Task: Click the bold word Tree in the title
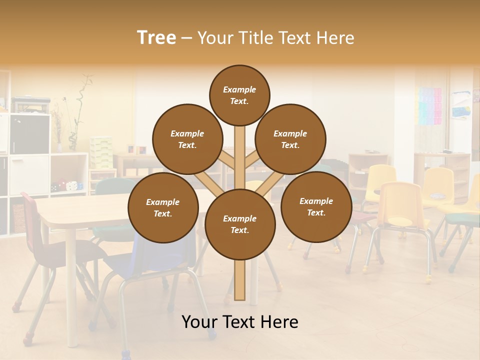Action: click(x=156, y=38)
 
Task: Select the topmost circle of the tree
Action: click(x=239, y=95)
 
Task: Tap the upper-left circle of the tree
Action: click(x=187, y=139)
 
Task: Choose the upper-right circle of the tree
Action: click(x=290, y=139)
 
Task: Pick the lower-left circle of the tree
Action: click(x=162, y=207)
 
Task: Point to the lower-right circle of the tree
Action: click(x=316, y=206)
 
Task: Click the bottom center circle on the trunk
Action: click(x=239, y=224)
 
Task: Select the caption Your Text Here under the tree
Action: click(x=239, y=322)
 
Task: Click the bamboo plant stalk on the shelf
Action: click(x=75, y=110)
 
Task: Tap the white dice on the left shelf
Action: click(x=72, y=185)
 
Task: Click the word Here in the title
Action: click(x=337, y=38)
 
